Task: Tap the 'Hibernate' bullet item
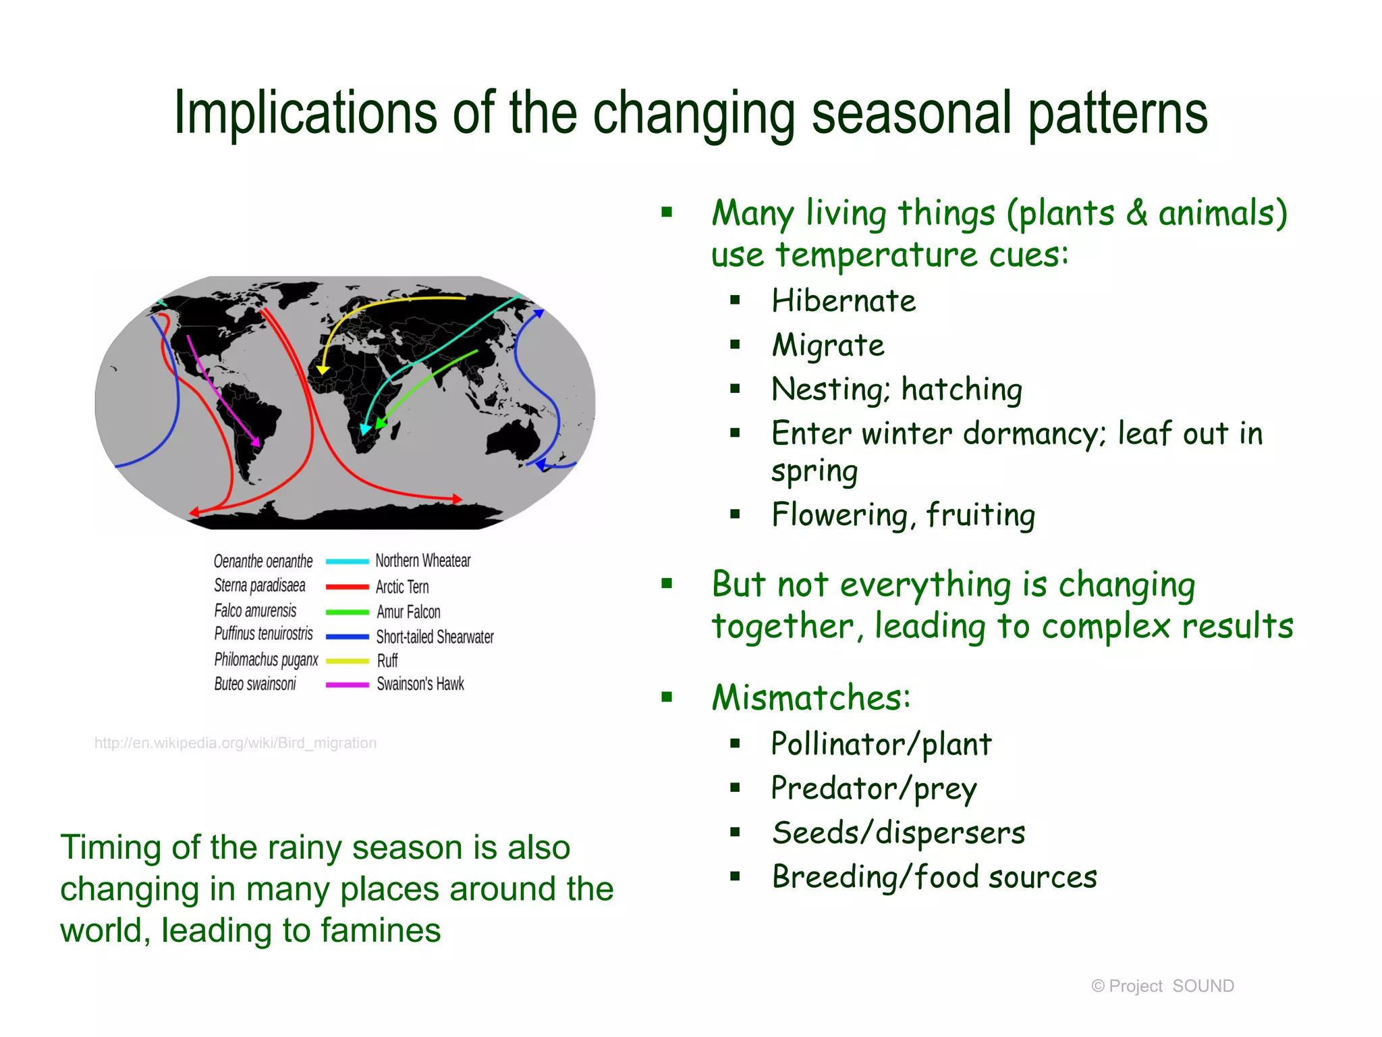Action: pyautogui.click(x=844, y=301)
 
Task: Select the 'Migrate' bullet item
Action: pyautogui.click(x=828, y=346)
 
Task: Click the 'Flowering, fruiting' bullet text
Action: pyautogui.click(x=903, y=515)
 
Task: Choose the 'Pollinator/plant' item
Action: pyautogui.click(x=881, y=745)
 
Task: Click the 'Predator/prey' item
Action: pyautogui.click(x=873, y=789)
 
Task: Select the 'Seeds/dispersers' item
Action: pyautogui.click(x=898, y=832)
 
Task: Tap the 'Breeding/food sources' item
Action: pyautogui.click(x=934, y=877)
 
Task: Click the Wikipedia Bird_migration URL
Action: pyautogui.click(x=236, y=743)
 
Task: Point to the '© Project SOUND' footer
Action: pyautogui.click(x=1162, y=986)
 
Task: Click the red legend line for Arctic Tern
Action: pyautogui.click(x=347, y=587)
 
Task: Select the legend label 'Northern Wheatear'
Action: pyautogui.click(x=423, y=561)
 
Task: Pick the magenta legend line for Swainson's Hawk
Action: pyautogui.click(x=347, y=685)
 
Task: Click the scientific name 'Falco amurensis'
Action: pyautogui.click(x=255, y=611)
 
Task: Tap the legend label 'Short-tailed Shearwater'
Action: pyautogui.click(x=435, y=637)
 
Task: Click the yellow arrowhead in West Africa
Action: pyautogui.click(x=323, y=369)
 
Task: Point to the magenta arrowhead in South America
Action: pyautogui.click(x=256, y=442)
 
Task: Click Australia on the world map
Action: pyautogui.click(x=513, y=439)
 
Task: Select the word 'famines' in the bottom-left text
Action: pyautogui.click(x=381, y=930)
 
